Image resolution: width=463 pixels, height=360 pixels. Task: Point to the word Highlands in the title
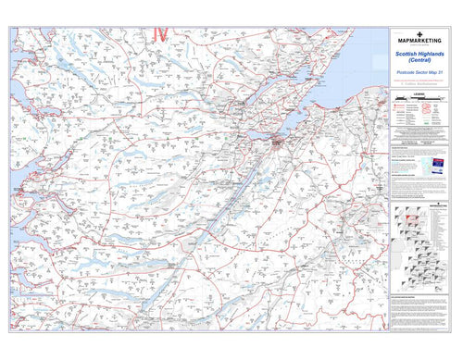[x=430, y=55]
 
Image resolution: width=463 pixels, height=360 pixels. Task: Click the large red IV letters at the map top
[x=158, y=34]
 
